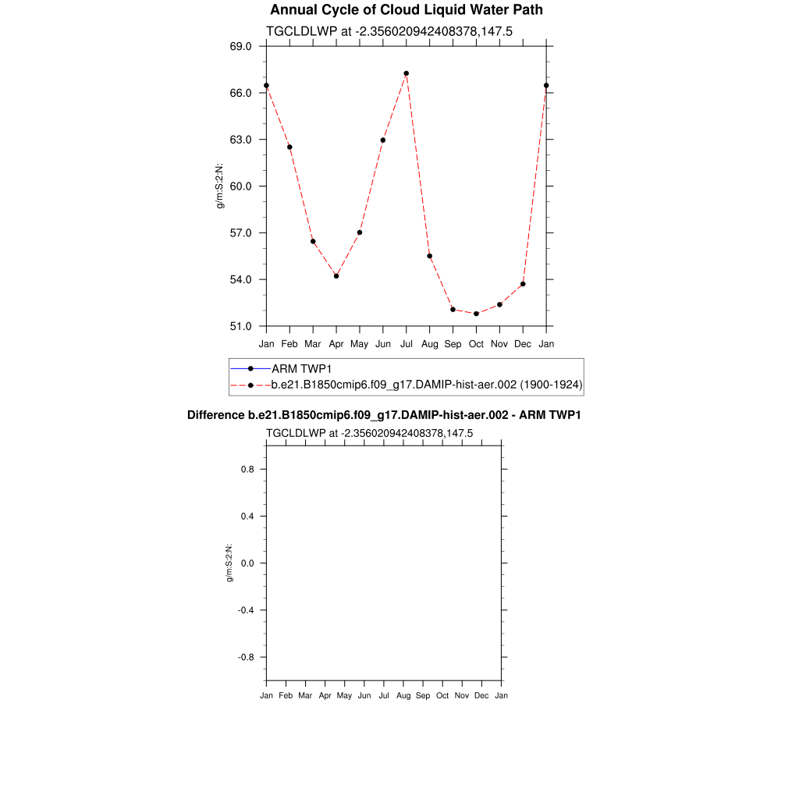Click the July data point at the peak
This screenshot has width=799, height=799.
407,73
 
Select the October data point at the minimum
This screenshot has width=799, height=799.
476,314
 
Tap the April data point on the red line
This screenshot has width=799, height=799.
336,276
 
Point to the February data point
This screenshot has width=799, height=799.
289,147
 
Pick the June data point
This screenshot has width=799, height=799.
383,140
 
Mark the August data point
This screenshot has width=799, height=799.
429,256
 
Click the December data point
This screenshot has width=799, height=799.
523,284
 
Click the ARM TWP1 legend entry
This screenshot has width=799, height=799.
297,368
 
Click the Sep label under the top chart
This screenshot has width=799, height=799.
453,344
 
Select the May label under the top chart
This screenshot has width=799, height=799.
360,344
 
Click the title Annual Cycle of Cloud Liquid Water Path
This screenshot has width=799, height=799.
406,10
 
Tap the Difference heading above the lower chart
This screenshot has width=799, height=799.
384,415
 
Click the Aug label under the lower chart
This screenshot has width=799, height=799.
403,695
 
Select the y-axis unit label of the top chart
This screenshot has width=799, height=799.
221,186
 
